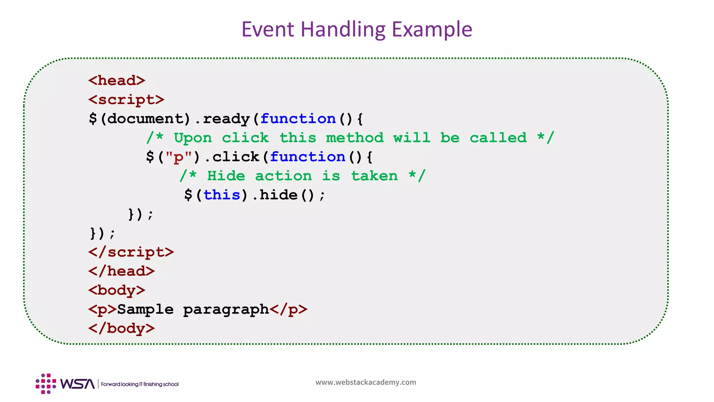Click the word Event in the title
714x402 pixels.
click(268, 29)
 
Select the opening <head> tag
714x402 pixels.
click(117, 81)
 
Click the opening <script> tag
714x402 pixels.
click(126, 100)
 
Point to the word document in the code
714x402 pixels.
click(145, 119)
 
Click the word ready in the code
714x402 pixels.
click(226, 119)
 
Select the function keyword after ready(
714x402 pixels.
click(298, 119)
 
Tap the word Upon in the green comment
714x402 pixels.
click(193, 138)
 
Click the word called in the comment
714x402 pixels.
click(498, 138)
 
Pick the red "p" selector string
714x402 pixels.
click(178, 157)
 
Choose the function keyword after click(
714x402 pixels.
click(307, 157)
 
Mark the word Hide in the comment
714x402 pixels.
click(226, 176)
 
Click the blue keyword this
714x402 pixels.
click(222, 195)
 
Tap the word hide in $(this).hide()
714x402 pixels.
click(279, 195)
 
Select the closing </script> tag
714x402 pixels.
click(131, 252)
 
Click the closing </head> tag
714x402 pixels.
click(121, 271)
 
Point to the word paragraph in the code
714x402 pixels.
click(226, 310)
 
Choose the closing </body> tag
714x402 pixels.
click(121, 328)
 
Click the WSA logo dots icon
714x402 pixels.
click(46, 384)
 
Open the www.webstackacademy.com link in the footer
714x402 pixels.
click(366, 382)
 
